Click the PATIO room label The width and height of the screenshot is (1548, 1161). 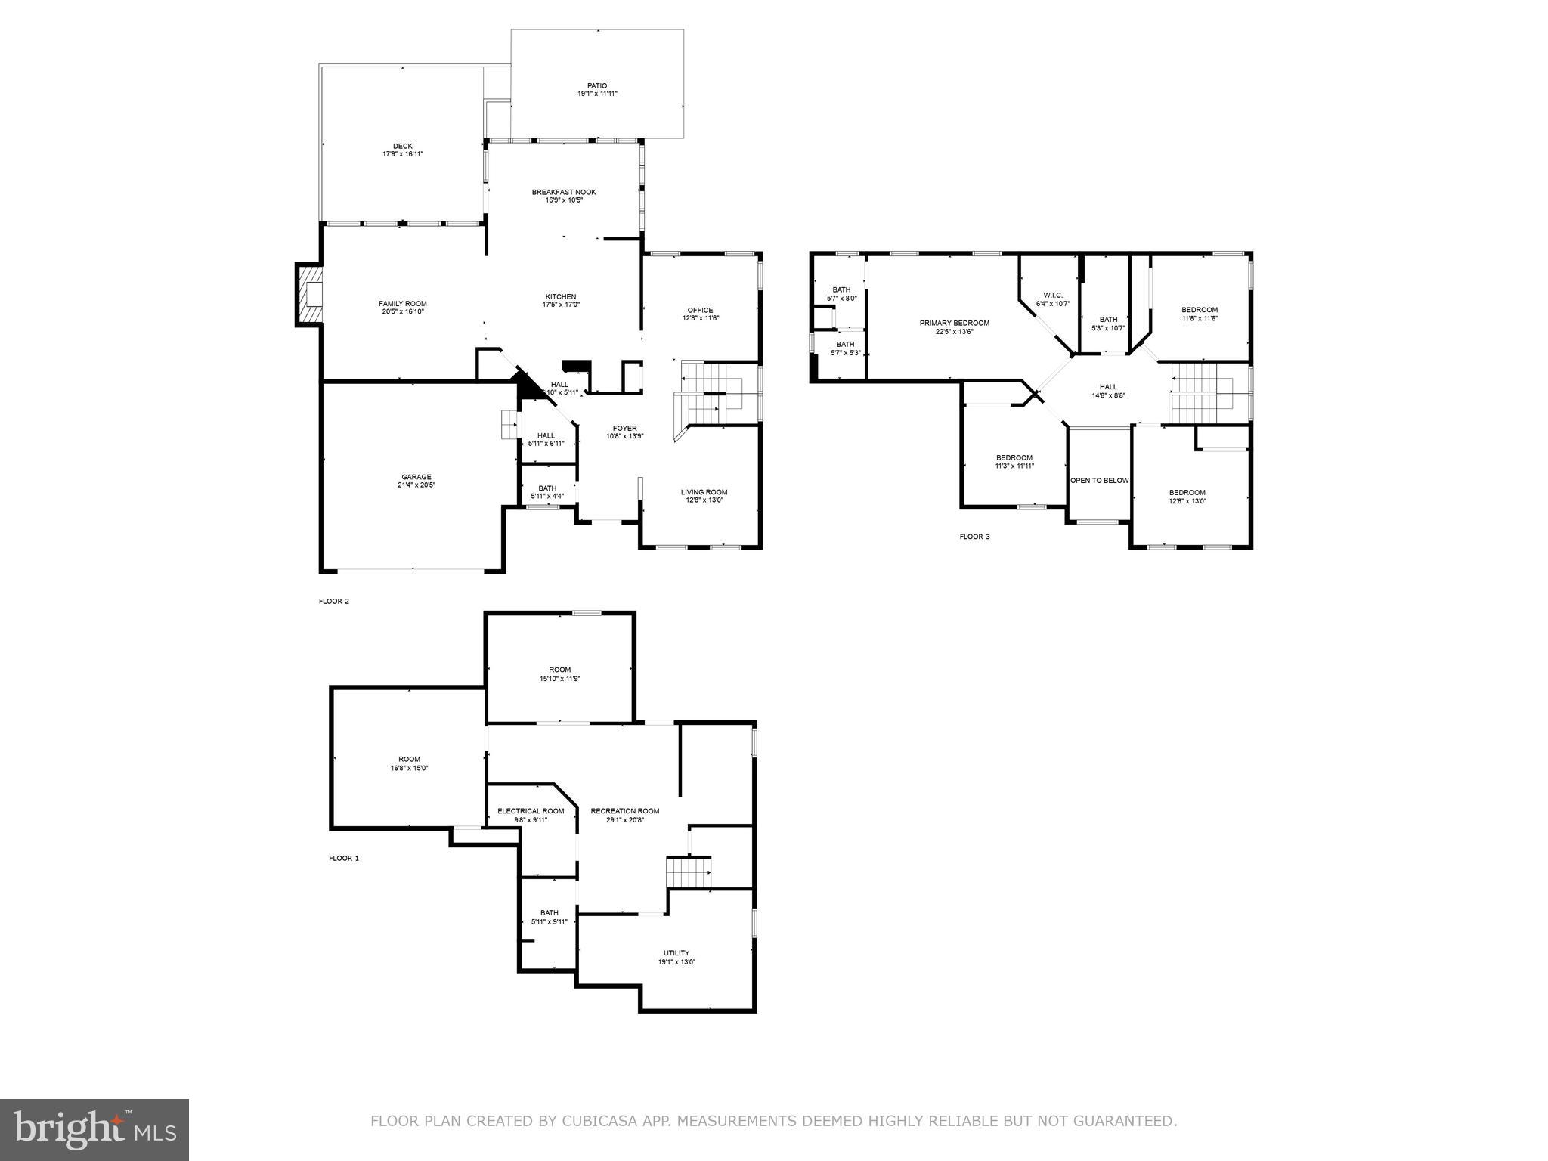click(x=597, y=86)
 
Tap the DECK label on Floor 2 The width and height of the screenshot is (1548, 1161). click(x=402, y=147)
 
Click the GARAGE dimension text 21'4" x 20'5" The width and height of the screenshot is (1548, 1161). click(x=416, y=485)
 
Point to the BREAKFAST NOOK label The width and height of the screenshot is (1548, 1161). click(x=563, y=192)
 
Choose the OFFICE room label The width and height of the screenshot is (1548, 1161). click(x=700, y=310)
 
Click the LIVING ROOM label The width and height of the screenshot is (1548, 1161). click(x=704, y=492)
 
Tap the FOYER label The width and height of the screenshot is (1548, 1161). click(x=624, y=428)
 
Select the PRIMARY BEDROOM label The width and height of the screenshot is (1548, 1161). click(x=954, y=323)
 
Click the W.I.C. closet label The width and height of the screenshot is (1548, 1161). click(x=1053, y=295)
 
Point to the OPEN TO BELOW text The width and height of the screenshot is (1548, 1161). click(x=1099, y=481)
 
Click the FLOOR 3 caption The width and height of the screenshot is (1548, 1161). click(x=974, y=537)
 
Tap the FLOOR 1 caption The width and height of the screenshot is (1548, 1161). click(x=344, y=858)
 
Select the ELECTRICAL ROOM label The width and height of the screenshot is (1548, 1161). click(x=531, y=811)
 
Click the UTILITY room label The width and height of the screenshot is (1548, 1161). click(x=676, y=953)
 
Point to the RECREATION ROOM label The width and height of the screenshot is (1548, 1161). click(x=624, y=811)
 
